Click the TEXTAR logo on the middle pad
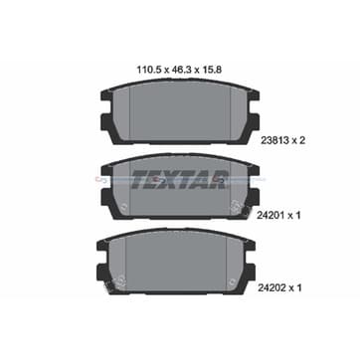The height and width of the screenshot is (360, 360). (x=180, y=179)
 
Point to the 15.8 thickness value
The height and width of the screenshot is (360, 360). (x=211, y=70)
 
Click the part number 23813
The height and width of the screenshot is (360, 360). (x=272, y=140)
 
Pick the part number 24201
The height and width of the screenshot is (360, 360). (x=270, y=216)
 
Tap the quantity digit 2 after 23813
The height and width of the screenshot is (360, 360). (x=301, y=140)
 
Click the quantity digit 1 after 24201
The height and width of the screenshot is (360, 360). (x=298, y=216)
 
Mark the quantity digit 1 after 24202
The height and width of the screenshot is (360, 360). (x=298, y=288)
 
